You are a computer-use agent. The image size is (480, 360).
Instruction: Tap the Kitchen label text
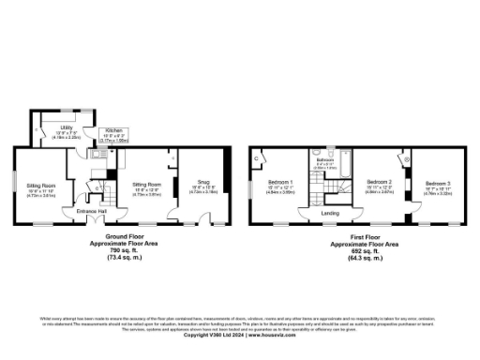(113, 130)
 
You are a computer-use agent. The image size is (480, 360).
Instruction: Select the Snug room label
(203, 183)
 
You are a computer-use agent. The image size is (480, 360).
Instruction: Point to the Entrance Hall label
(92, 212)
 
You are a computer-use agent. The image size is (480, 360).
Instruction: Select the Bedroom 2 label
(378, 181)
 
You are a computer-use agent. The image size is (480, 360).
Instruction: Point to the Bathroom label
(325, 160)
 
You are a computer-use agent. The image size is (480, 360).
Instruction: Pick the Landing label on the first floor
(331, 213)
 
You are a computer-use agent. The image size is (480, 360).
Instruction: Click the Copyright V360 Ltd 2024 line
(239, 335)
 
